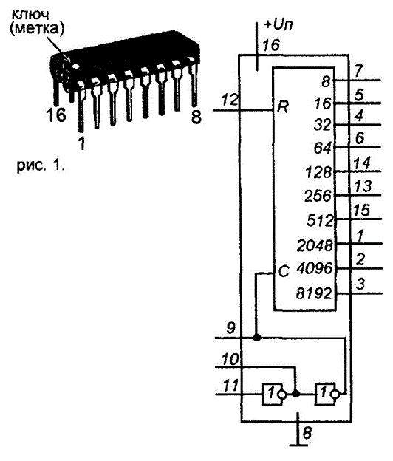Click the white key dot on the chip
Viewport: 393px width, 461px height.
point(76,66)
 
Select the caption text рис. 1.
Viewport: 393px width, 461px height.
point(41,166)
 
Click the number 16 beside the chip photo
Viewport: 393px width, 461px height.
point(56,115)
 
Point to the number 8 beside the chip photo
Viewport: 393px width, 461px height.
point(196,117)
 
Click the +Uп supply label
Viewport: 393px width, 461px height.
point(278,24)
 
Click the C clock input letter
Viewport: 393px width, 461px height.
point(284,271)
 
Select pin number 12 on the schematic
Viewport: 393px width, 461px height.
point(230,100)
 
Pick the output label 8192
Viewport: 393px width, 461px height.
point(314,293)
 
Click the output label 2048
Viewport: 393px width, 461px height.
point(315,245)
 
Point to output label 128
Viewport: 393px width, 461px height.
point(318,172)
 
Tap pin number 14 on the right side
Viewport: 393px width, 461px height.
point(362,163)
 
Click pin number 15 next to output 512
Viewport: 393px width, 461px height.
point(361,210)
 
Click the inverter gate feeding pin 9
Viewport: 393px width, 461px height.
point(327,395)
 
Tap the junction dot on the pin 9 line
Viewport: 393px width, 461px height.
point(256,338)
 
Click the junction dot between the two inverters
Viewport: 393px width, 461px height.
point(296,394)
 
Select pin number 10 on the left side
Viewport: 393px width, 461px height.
point(230,359)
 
